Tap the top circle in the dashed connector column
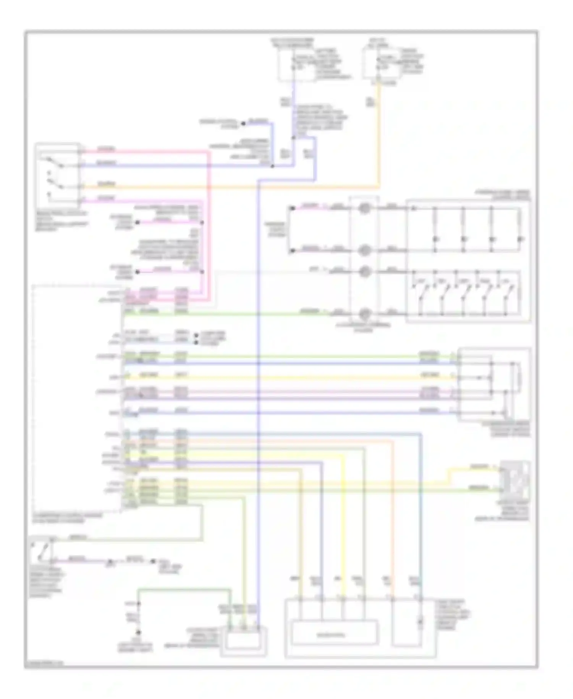pos(364,208)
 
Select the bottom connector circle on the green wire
pos(364,314)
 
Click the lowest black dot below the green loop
pos(139,632)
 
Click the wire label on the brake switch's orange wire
pos(106,184)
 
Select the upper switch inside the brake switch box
pos(53,162)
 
